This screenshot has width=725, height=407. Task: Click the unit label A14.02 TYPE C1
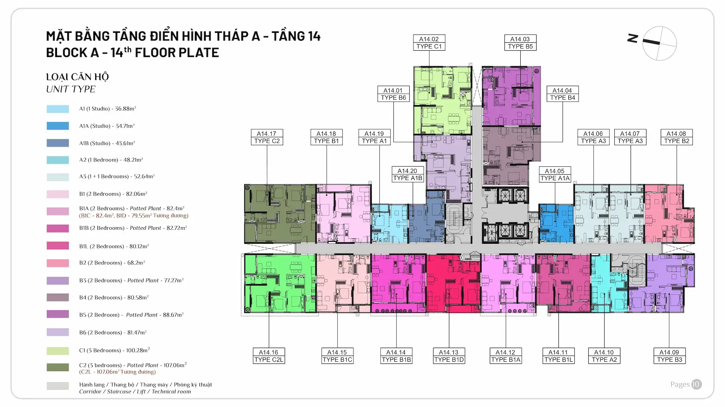click(x=429, y=43)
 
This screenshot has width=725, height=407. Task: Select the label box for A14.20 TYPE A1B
click(x=407, y=175)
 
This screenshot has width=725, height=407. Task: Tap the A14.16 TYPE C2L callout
click(x=268, y=356)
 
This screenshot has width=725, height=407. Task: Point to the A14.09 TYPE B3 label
click(x=669, y=356)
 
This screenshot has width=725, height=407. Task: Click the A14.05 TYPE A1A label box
click(x=555, y=175)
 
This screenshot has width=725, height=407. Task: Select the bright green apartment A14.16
click(x=279, y=283)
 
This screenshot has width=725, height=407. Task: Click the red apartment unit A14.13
click(x=453, y=283)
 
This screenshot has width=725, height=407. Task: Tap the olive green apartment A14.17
click(x=279, y=214)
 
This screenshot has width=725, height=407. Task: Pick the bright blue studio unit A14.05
click(x=556, y=223)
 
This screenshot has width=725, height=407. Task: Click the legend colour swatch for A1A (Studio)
click(x=58, y=126)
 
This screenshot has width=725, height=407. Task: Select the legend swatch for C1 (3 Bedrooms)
click(x=58, y=351)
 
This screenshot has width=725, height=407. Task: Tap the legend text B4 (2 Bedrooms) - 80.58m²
click(x=114, y=298)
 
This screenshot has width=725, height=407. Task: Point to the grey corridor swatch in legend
click(x=58, y=386)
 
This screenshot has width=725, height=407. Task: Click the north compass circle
click(x=659, y=43)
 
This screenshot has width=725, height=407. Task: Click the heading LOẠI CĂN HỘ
click(x=77, y=77)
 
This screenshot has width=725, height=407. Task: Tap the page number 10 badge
click(x=696, y=384)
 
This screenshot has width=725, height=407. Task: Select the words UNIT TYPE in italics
click(x=71, y=90)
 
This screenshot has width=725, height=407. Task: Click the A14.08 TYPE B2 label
click(x=676, y=138)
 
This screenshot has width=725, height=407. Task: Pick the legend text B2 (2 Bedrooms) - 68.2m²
click(x=112, y=263)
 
